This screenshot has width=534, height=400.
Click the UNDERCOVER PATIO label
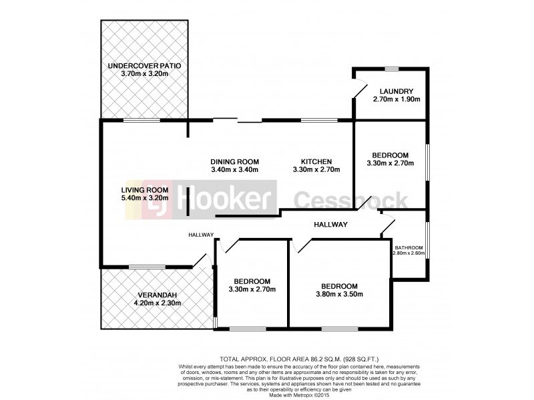(x=145, y=65)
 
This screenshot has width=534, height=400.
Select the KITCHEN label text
(x=316, y=161)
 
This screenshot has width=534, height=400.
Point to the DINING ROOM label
(x=234, y=161)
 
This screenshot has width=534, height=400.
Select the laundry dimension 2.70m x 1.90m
(x=396, y=100)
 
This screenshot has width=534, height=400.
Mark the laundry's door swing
(x=360, y=90)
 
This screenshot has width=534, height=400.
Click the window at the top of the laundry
(x=391, y=69)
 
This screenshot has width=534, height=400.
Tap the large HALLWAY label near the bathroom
(x=330, y=225)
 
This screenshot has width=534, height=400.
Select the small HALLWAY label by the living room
(x=200, y=235)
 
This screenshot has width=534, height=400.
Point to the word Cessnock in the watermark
(x=351, y=199)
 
